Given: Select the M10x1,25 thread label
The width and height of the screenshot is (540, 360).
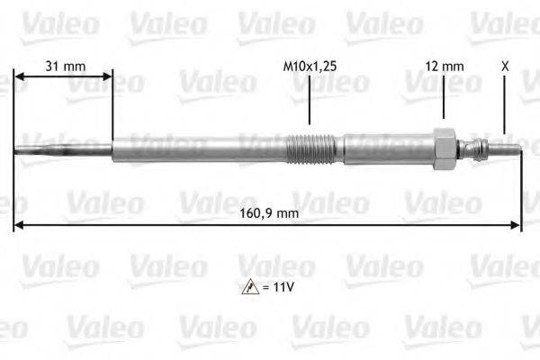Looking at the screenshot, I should (x=310, y=66).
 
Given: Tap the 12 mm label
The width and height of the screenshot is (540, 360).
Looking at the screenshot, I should (x=445, y=66).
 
